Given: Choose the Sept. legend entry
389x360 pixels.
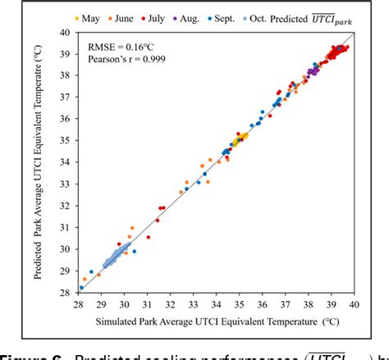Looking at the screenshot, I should click(x=249, y=16).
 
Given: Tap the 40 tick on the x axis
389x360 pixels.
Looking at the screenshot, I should click(x=354, y=303).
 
